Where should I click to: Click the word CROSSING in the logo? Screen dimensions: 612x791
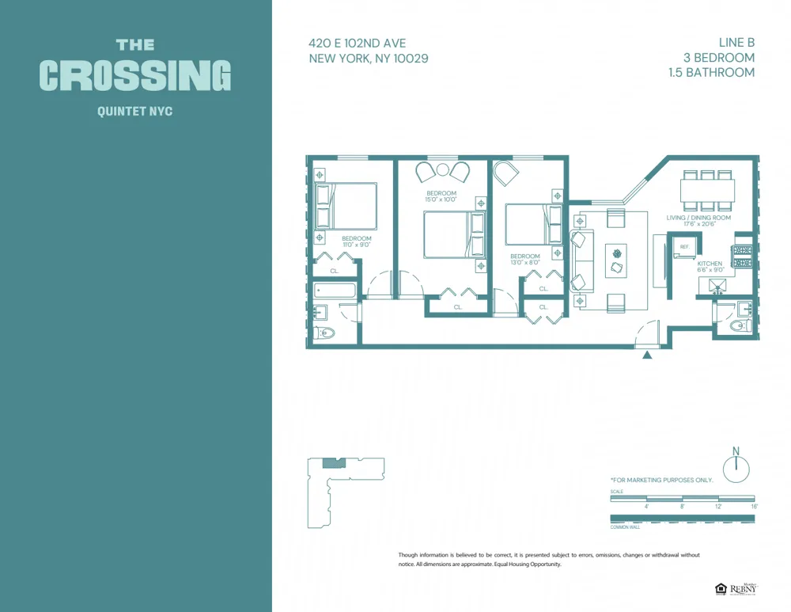(x=135, y=76)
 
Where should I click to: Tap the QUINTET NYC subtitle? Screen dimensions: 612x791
(x=134, y=112)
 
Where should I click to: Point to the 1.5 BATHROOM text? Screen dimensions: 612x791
(x=711, y=72)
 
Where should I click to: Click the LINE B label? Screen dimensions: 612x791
(x=736, y=44)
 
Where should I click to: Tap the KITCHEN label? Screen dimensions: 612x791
(x=709, y=264)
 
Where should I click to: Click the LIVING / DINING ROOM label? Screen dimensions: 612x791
(x=698, y=218)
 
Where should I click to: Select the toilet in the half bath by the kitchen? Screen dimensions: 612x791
(x=739, y=325)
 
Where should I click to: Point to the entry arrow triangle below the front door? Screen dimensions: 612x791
(x=647, y=355)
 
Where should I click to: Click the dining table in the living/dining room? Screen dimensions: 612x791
(x=707, y=191)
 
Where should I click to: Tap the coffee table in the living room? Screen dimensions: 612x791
(x=616, y=260)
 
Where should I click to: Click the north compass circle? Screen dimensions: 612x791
(x=736, y=470)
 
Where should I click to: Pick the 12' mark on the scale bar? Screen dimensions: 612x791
(x=718, y=506)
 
